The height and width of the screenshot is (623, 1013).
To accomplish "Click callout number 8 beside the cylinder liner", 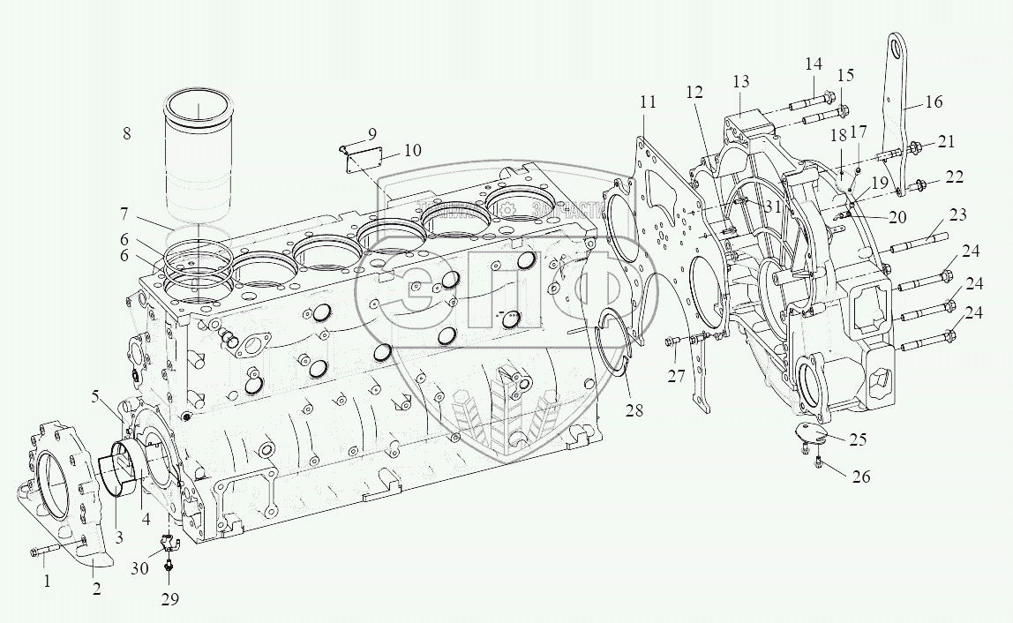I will click(127, 134).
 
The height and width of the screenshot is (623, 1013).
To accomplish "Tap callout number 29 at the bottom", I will click(169, 600).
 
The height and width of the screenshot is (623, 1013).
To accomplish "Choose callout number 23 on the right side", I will click(959, 214).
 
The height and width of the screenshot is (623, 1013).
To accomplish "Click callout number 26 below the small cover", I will click(861, 477).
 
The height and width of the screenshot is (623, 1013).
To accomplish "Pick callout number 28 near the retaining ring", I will click(636, 410).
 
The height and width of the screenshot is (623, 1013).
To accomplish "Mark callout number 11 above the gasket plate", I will click(649, 102).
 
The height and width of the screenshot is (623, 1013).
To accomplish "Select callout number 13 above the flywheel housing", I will click(740, 82).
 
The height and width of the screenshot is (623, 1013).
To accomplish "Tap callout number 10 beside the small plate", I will click(412, 151).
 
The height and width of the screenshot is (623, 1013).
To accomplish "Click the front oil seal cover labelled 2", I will click(66, 494).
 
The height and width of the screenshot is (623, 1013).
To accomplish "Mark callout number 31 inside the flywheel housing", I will click(774, 206).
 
